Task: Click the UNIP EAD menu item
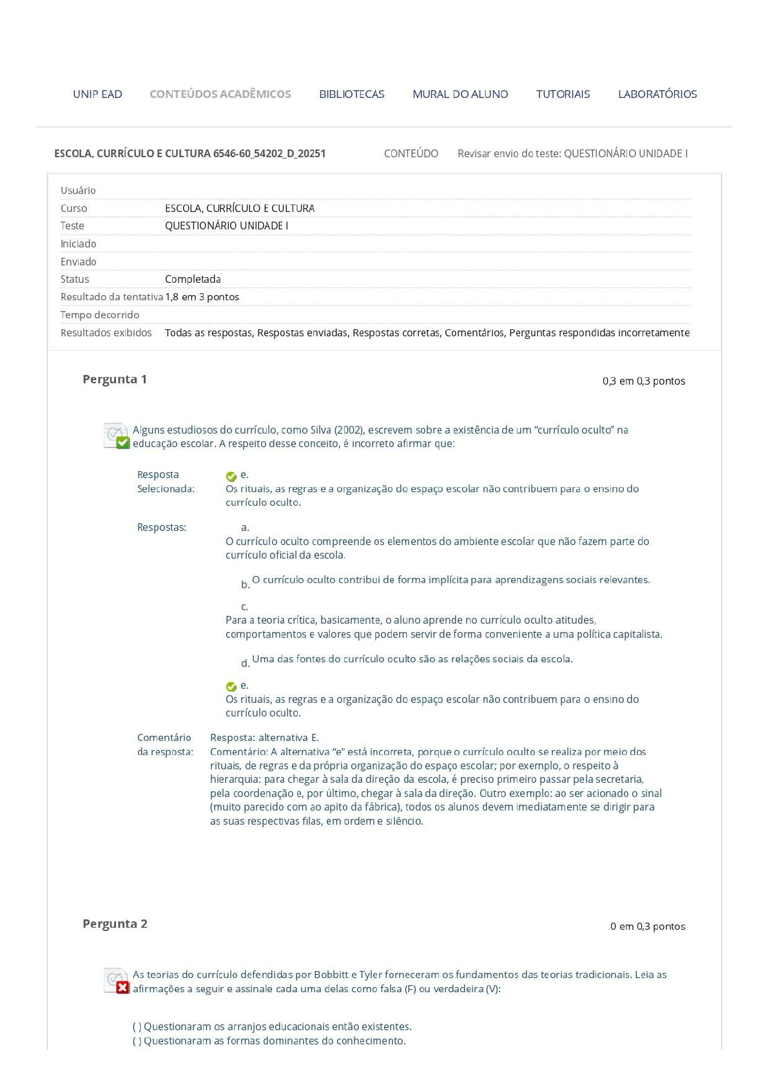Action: point(97,94)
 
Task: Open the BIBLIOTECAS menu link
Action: point(351,94)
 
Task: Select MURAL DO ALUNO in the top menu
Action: point(460,94)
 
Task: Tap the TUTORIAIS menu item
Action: point(563,94)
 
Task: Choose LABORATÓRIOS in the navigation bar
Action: point(657,94)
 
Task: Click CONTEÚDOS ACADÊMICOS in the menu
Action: point(220,94)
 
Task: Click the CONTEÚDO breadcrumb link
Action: point(411,153)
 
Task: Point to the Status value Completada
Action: point(193,279)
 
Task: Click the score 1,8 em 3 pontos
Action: point(202,297)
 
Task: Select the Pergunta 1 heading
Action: point(115,379)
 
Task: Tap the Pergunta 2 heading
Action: point(115,924)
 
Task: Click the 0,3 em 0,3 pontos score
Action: point(643,381)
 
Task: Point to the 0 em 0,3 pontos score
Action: point(647,926)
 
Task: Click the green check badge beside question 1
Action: point(123,443)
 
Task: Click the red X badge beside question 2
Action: point(123,988)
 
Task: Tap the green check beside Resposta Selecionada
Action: point(231,477)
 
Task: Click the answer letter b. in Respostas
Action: point(245,584)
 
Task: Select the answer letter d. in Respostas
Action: point(245,664)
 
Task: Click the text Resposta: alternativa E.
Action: point(264,738)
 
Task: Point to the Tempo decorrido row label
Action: point(100,315)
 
